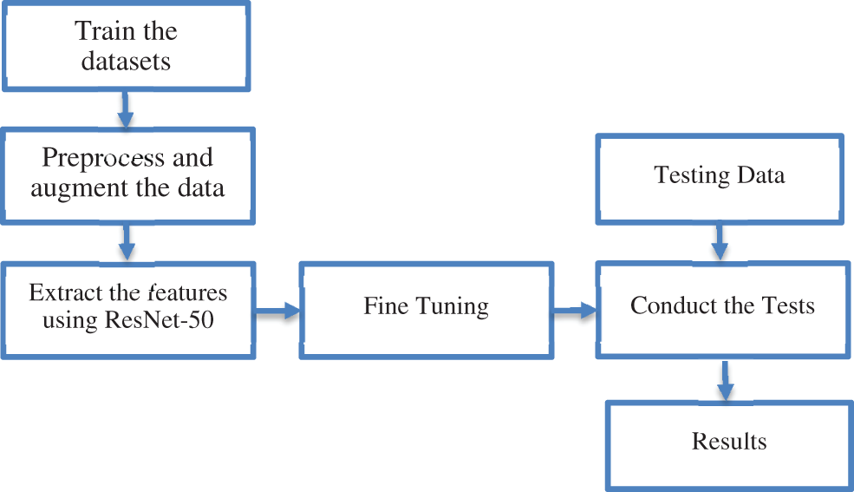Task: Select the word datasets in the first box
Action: tap(126, 62)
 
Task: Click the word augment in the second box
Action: tap(70, 188)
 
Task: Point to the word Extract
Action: tap(62, 292)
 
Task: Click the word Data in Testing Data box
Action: tap(760, 175)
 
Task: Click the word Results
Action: tap(729, 442)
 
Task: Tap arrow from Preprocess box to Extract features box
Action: tap(127, 240)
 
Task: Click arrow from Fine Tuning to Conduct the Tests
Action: tap(573, 308)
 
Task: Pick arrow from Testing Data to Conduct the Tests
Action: tap(718, 240)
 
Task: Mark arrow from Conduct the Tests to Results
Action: tap(725, 380)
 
